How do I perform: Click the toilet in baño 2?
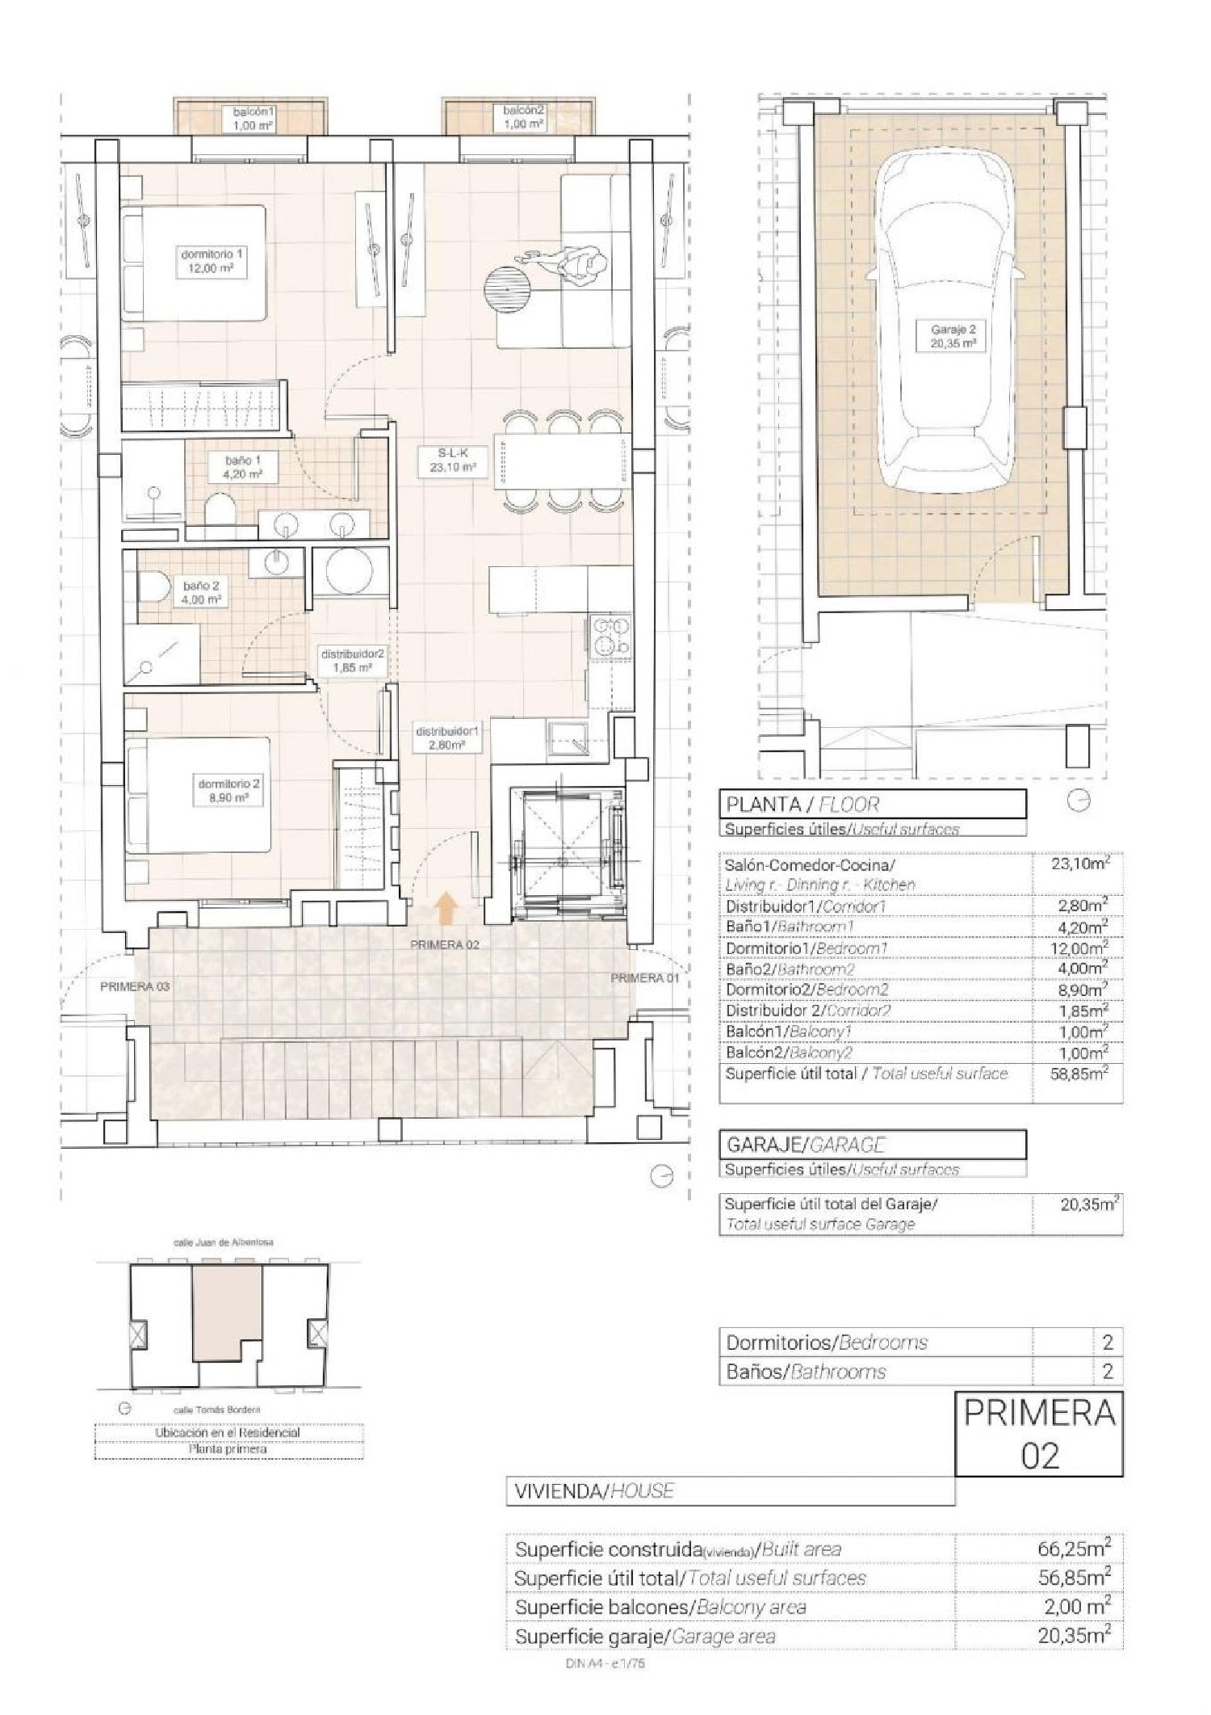point(153,587)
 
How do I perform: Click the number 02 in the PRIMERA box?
point(1039,1456)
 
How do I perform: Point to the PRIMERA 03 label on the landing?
point(135,986)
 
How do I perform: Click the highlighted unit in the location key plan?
point(226,1313)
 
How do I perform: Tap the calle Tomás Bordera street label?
point(218,1410)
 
